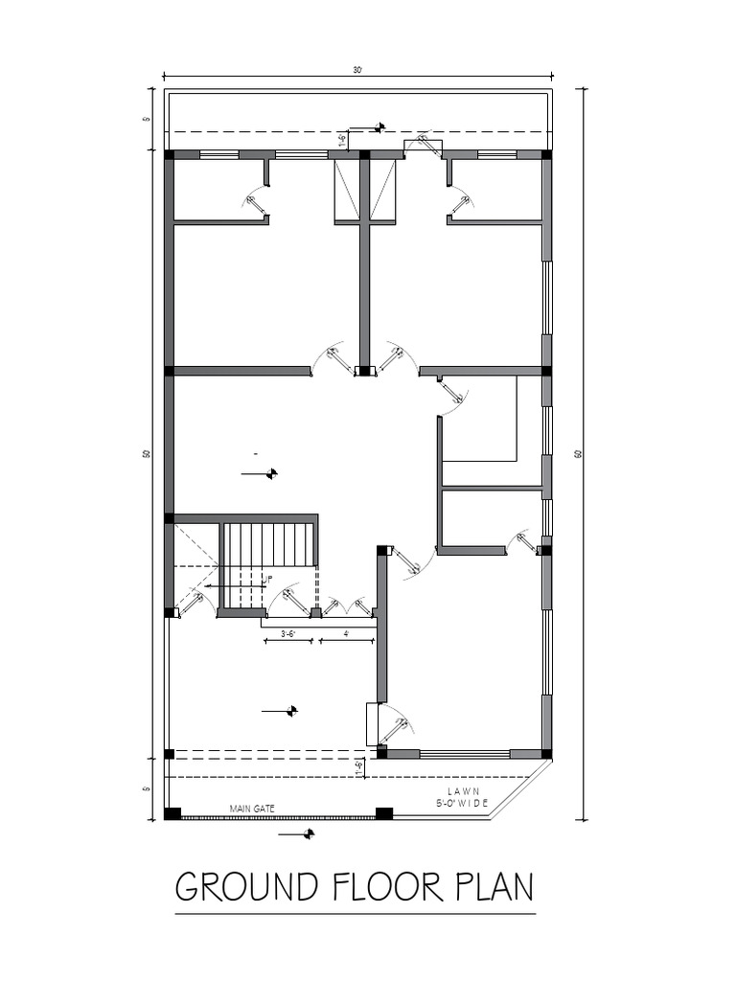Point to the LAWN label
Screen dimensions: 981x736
[463, 789]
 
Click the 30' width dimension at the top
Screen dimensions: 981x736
[357, 70]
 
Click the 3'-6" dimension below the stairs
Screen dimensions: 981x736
[287, 633]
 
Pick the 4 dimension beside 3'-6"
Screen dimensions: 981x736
[346, 633]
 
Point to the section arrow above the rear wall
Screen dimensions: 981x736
[369, 126]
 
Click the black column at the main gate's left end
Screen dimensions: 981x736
[172, 814]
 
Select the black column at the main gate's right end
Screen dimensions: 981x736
[383, 814]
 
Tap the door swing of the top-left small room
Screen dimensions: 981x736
[255, 203]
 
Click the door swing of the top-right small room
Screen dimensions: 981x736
[461, 203]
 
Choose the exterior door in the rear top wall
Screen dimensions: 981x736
[423, 146]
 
